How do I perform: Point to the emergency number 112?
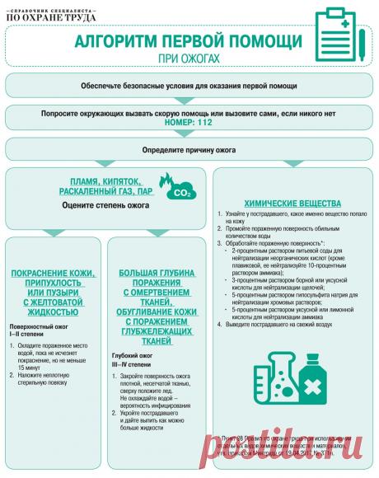point(211,123)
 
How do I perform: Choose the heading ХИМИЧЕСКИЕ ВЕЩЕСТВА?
point(293,203)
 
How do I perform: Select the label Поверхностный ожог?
point(41,327)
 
